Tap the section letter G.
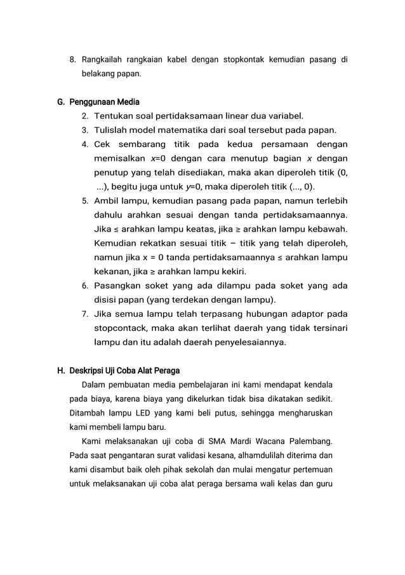point(60,102)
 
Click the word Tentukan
point(114,116)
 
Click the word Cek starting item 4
point(103,144)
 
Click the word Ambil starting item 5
point(107,201)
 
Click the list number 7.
point(84,314)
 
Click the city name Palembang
point(310,441)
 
